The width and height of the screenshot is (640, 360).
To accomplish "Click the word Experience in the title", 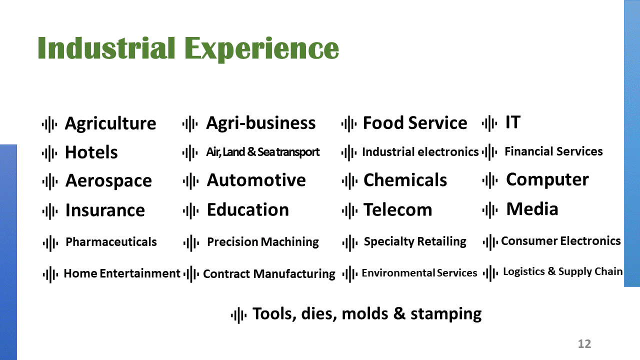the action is coord(261,49).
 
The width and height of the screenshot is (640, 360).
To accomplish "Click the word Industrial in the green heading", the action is coord(106,48).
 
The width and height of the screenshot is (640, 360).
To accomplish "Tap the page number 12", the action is coord(584,343).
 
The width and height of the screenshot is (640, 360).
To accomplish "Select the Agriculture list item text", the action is coord(110,123).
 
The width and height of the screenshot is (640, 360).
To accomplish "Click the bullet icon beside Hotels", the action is coord(49,153).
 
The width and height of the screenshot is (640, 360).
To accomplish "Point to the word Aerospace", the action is coord(108,180).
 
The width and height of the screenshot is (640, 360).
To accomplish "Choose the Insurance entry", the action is coord(105,210).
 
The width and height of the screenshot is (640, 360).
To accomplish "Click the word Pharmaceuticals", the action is coord(111,242).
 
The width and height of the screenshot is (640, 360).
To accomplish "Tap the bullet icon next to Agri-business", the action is coord(190,124).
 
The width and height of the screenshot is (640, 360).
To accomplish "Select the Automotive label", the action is coord(256,180).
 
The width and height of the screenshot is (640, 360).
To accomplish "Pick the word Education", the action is coord(248,209).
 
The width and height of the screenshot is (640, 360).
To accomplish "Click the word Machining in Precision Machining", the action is coord(289,242).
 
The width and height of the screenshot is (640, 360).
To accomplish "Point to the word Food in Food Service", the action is coord(383,123).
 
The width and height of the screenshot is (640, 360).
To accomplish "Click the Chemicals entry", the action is coord(405,180).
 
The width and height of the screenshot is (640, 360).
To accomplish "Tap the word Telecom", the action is coord(397,209).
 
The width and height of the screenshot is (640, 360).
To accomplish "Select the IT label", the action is coord(513,122).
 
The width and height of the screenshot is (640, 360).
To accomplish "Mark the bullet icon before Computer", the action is coord(489,180).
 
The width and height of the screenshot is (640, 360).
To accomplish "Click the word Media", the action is coord(532,209).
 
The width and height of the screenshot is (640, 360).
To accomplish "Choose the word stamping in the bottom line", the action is coord(446,314).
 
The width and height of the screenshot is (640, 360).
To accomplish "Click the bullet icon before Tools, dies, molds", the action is coord(238,315).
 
